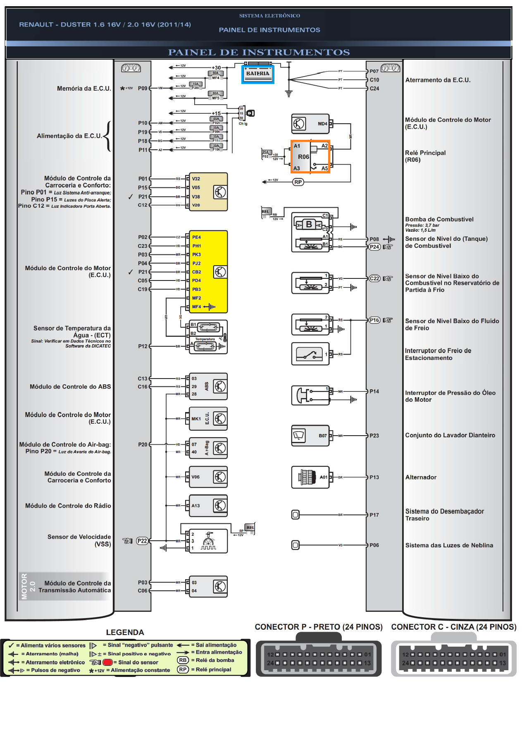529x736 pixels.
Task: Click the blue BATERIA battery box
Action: tap(257, 74)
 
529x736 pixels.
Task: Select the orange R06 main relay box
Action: tap(310, 157)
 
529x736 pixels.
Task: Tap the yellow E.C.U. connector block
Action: tap(208, 272)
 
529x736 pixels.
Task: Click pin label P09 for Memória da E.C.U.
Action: tap(143, 88)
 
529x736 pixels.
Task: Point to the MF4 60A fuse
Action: tap(216, 75)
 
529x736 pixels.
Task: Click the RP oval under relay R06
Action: tap(298, 182)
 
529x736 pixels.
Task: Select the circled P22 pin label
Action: tap(142, 541)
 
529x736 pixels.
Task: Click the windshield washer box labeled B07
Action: tap(310, 436)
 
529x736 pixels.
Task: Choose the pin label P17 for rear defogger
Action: tap(374, 515)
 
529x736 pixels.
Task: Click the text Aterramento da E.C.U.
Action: tap(438, 80)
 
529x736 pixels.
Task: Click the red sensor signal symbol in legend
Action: tap(107, 662)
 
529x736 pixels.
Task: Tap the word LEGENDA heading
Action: tap(125, 633)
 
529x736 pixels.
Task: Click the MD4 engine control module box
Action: tap(310, 124)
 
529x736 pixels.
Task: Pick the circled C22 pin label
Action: tap(374, 278)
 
